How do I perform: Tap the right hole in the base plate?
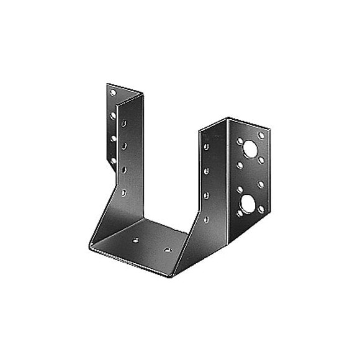click(x=167, y=250)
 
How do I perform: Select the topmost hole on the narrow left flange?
click(x=113, y=92)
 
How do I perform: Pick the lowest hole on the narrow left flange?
click(x=113, y=161)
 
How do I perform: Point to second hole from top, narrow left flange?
click(x=113, y=115)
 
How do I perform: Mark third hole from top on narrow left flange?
click(x=113, y=138)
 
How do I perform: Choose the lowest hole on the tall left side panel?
click(x=124, y=192)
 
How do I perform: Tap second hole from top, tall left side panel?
click(x=124, y=146)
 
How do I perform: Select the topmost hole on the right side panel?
click(x=206, y=147)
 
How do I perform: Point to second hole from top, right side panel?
click(x=206, y=170)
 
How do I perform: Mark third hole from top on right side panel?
click(x=206, y=194)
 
